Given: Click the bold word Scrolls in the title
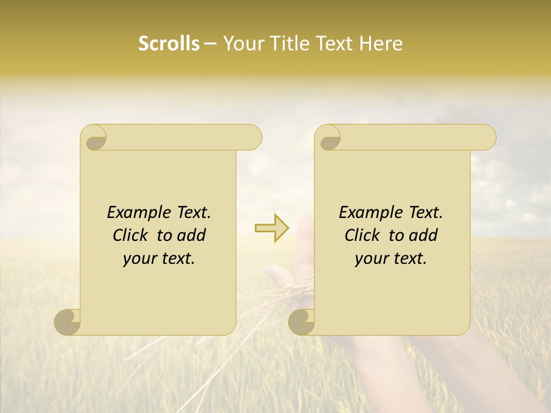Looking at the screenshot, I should [169, 44].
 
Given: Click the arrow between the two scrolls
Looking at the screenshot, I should [272, 228].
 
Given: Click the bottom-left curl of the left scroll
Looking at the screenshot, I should [68, 322].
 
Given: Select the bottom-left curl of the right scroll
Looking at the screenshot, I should [301, 322].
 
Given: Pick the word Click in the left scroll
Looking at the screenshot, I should [130, 235].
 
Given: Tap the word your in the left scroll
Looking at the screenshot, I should [139, 259].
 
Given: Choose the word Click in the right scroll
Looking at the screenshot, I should [362, 235].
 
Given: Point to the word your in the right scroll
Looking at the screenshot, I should [371, 259].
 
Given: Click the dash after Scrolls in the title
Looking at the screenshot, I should [211, 44].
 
